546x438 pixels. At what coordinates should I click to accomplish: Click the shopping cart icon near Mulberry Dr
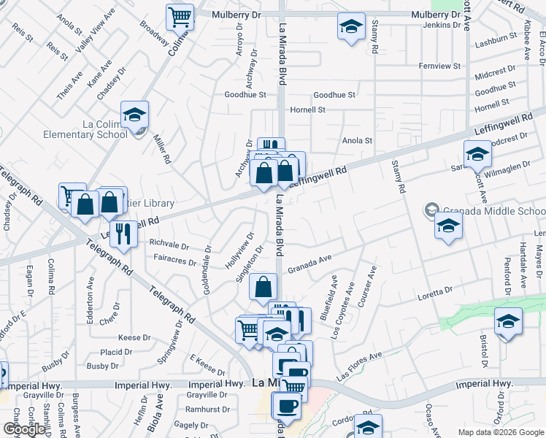[x=180, y=16]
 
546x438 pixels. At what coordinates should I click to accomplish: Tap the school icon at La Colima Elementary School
[x=135, y=115]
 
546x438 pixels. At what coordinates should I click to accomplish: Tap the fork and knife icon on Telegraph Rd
[x=123, y=234]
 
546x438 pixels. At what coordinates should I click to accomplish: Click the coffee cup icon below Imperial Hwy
[x=285, y=406]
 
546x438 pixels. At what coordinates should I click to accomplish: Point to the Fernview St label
[x=439, y=66]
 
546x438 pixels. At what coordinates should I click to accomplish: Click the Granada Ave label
[x=309, y=269]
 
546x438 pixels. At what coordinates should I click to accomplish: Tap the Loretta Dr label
[x=435, y=292]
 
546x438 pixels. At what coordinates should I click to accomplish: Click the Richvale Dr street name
[x=169, y=246]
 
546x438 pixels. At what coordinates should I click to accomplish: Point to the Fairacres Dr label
[x=175, y=261]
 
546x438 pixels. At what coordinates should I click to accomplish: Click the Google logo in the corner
[x=23, y=429]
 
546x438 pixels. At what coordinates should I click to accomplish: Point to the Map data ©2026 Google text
[x=500, y=432]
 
